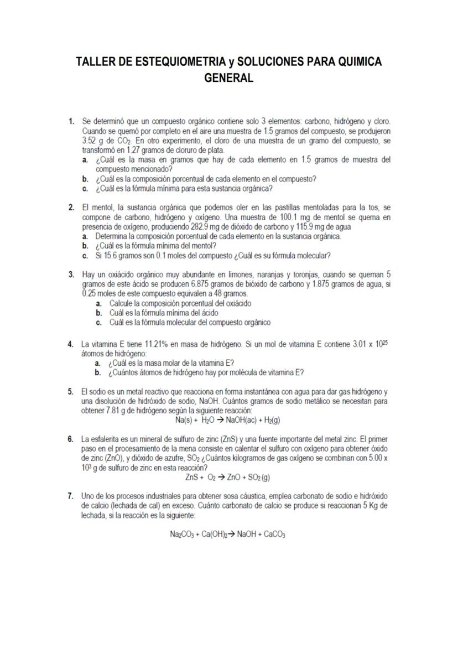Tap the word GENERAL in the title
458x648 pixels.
(x=228, y=78)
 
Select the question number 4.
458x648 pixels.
(x=71, y=344)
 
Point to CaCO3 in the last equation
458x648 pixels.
(x=273, y=535)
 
